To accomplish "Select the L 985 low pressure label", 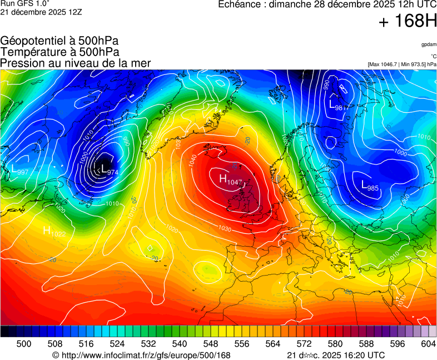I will click(x=370, y=186).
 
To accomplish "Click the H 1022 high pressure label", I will click(x=54, y=232).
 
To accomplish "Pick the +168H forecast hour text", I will click(x=408, y=22).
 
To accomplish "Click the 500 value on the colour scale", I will click(x=24, y=344).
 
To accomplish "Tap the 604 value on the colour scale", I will click(x=428, y=344).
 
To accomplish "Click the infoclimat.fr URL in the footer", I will click(x=141, y=355).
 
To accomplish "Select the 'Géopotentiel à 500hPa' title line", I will click(x=59, y=41).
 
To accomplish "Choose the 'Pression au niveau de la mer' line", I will click(x=76, y=63).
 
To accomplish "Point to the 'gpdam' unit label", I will click(x=428, y=44).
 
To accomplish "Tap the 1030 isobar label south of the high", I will click(x=225, y=228).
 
